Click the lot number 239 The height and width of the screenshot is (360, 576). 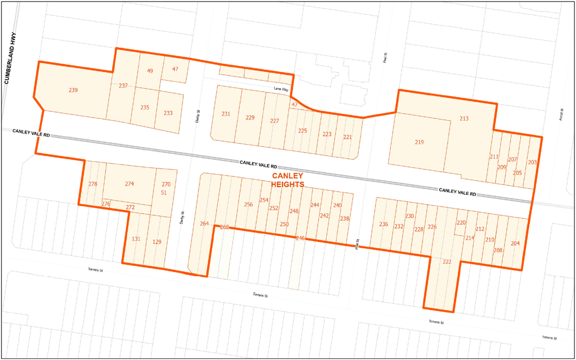[x=73, y=90]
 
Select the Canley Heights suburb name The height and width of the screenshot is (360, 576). [x=287, y=180]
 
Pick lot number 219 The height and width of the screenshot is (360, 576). [x=419, y=142]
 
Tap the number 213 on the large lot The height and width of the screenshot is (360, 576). [x=463, y=119]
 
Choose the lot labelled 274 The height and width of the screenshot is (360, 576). [x=130, y=184]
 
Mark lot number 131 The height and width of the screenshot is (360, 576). [x=136, y=239]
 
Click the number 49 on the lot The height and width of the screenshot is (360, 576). [x=150, y=71]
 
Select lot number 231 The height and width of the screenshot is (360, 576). [x=226, y=114]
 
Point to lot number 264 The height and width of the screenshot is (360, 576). [x=204, y=223]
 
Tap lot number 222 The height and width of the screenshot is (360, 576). [x=447, y=262]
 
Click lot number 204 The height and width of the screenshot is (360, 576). [x=515, y=243]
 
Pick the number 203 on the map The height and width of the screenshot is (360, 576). [x=532, y=162]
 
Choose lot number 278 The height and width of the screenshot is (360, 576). [x=93, y=184]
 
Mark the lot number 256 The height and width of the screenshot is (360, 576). [x=248, y=205]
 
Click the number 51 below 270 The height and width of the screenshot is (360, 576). [x=164, y=193]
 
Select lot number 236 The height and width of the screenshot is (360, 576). [x=383, y=224]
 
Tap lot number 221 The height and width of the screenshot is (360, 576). [x=347, y=137]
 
